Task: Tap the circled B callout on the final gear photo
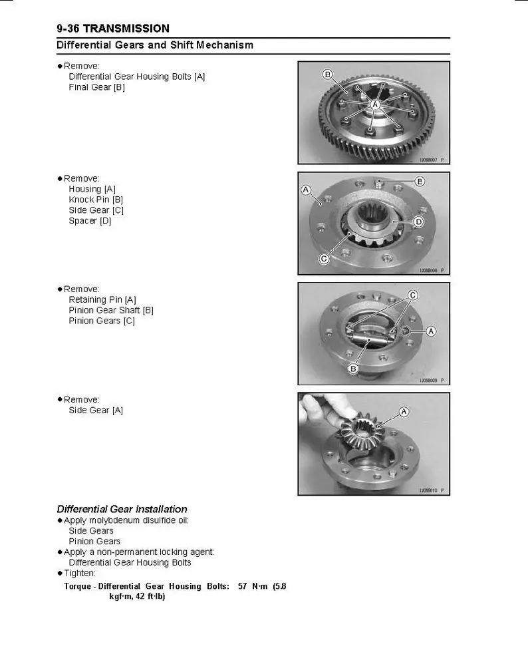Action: [x=327, y=74]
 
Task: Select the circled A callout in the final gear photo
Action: [x=375, y=105]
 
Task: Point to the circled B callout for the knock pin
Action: [x=420, y=181]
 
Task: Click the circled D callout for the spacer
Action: [x=419, y=221]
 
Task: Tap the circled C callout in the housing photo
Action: [x=324, y=259]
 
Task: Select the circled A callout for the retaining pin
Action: [x=431, y=331]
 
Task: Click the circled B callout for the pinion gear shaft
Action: [x=354, y=368]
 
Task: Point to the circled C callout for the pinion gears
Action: [x=412, y=295]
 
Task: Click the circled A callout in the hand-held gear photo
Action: [x=404, y=412]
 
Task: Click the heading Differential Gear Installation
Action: [x=122, y=509]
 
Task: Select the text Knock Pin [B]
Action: [x=96, y=200]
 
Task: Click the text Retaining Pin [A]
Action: [x=102, y=299]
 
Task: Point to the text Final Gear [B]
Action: [x=96, y=87]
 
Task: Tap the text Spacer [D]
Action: [x=90, y=221]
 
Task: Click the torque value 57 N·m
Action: [x=253, y=586]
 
